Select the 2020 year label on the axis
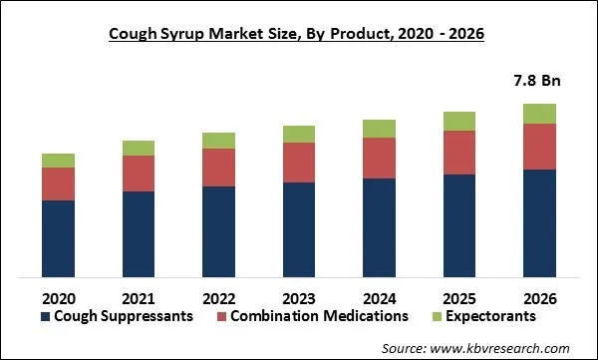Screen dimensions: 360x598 [x=58, y=298]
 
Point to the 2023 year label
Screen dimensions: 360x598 [x=298, y=298]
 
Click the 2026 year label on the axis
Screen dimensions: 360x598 [x=539, y=298]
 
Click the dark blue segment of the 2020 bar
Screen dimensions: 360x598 [x=58, y=238]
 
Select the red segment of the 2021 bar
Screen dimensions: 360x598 [x=139, y=174]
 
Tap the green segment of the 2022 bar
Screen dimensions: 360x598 [x=218, y=140]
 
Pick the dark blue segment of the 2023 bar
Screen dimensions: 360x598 [x=298, y=229]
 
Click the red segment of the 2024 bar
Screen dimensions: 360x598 [x=379, y=158]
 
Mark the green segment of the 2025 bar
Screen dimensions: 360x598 [x=458, y=121]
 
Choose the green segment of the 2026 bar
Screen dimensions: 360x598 [x=539, y=113]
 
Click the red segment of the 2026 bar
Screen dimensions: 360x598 [x=539, y=147]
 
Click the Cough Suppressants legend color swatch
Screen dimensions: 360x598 [x=45, y=317]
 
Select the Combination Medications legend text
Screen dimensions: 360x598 [x=319, y=316]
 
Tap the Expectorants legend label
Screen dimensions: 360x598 [x=489, y=316]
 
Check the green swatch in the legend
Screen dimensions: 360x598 [x=434, y=317]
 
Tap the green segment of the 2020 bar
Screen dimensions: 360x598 [x=58, y=161]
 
